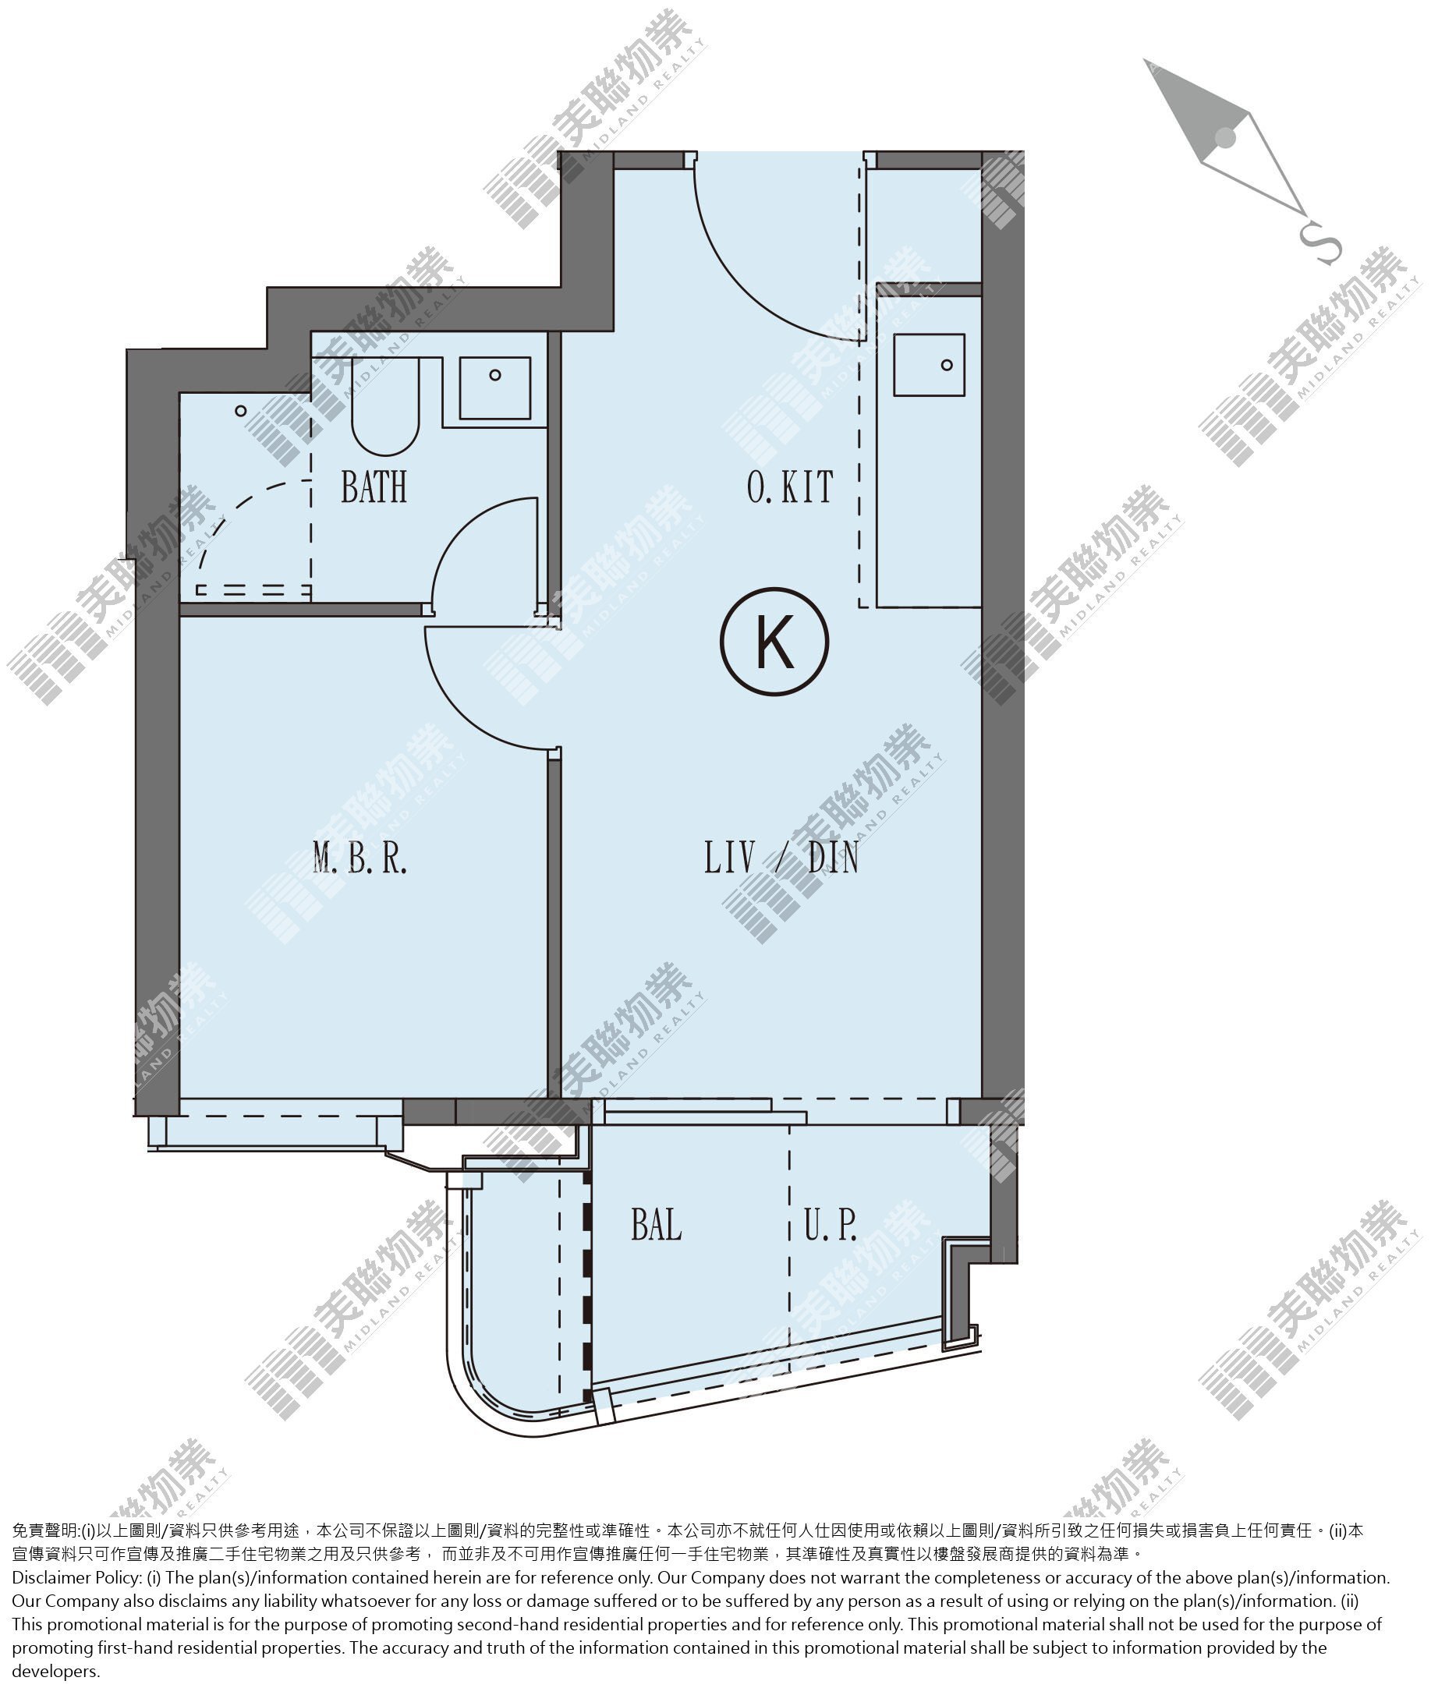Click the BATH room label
(x=374, y=487)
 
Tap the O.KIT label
(x=790, y=487)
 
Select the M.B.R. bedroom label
(x=360, y=858)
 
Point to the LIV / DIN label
(x=781, y=858)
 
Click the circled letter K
(x=774, y=642)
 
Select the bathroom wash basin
(x=495, y=387)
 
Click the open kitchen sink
(x=930, y=365)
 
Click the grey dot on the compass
(x=1226, y=138)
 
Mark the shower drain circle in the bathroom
(x=241, y=411)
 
